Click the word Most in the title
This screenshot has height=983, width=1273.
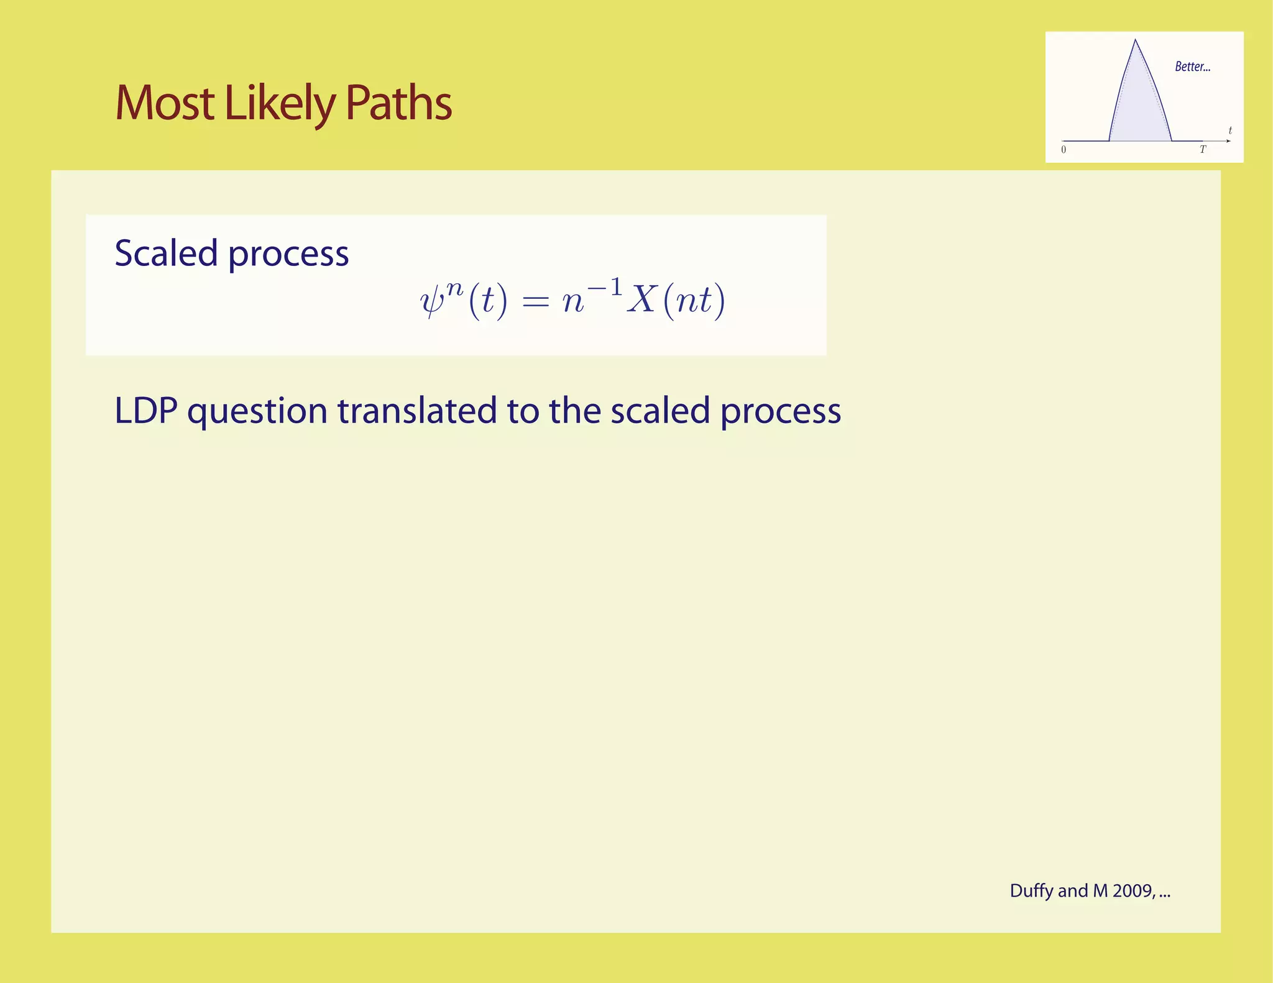[x=165, y=103]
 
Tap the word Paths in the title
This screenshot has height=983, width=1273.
[x=398, y=103]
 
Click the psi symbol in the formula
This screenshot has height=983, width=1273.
[x=432, y=302]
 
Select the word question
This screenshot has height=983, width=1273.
[x=257, y=412]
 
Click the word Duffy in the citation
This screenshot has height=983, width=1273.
[x=1031, y=891]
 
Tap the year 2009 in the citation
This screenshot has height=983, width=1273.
[x=1133, y=891]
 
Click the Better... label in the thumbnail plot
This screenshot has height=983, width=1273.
[x=1192, y=66]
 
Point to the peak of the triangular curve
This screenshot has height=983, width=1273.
[x=1136, y=41]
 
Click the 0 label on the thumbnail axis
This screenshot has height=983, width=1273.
[x=1064, y=150]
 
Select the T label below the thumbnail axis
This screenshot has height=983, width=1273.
[x=1202, y=150]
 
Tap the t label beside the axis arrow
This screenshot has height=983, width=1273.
[x=1230, y=130]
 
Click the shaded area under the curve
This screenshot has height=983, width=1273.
[x=1139, y=112]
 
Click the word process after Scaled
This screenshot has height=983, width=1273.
[x=288, y=254]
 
